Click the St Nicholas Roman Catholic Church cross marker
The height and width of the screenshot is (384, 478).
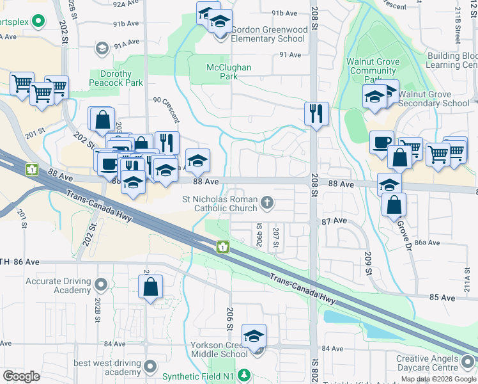[x=267, y=204]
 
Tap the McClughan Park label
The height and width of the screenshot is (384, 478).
[x=229, y=72]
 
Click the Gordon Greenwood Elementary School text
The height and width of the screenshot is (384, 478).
[x=268, y=34]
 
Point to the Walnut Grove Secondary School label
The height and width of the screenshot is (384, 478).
[x=434, y=99]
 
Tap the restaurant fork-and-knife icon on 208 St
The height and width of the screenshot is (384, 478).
[x=316, y=114]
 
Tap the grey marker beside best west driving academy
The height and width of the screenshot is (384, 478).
[x=150, y=367]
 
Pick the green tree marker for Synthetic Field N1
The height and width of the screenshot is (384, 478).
[x=243, y=376]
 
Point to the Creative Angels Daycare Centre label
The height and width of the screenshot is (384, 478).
[x=436, y=364]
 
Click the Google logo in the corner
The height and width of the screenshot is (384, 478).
[x=21, y=376]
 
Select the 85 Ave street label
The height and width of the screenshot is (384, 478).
[x=442, y=298]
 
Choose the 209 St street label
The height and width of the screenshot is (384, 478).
[x=368, y=264]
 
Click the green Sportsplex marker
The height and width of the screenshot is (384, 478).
[x=38, y=22]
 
